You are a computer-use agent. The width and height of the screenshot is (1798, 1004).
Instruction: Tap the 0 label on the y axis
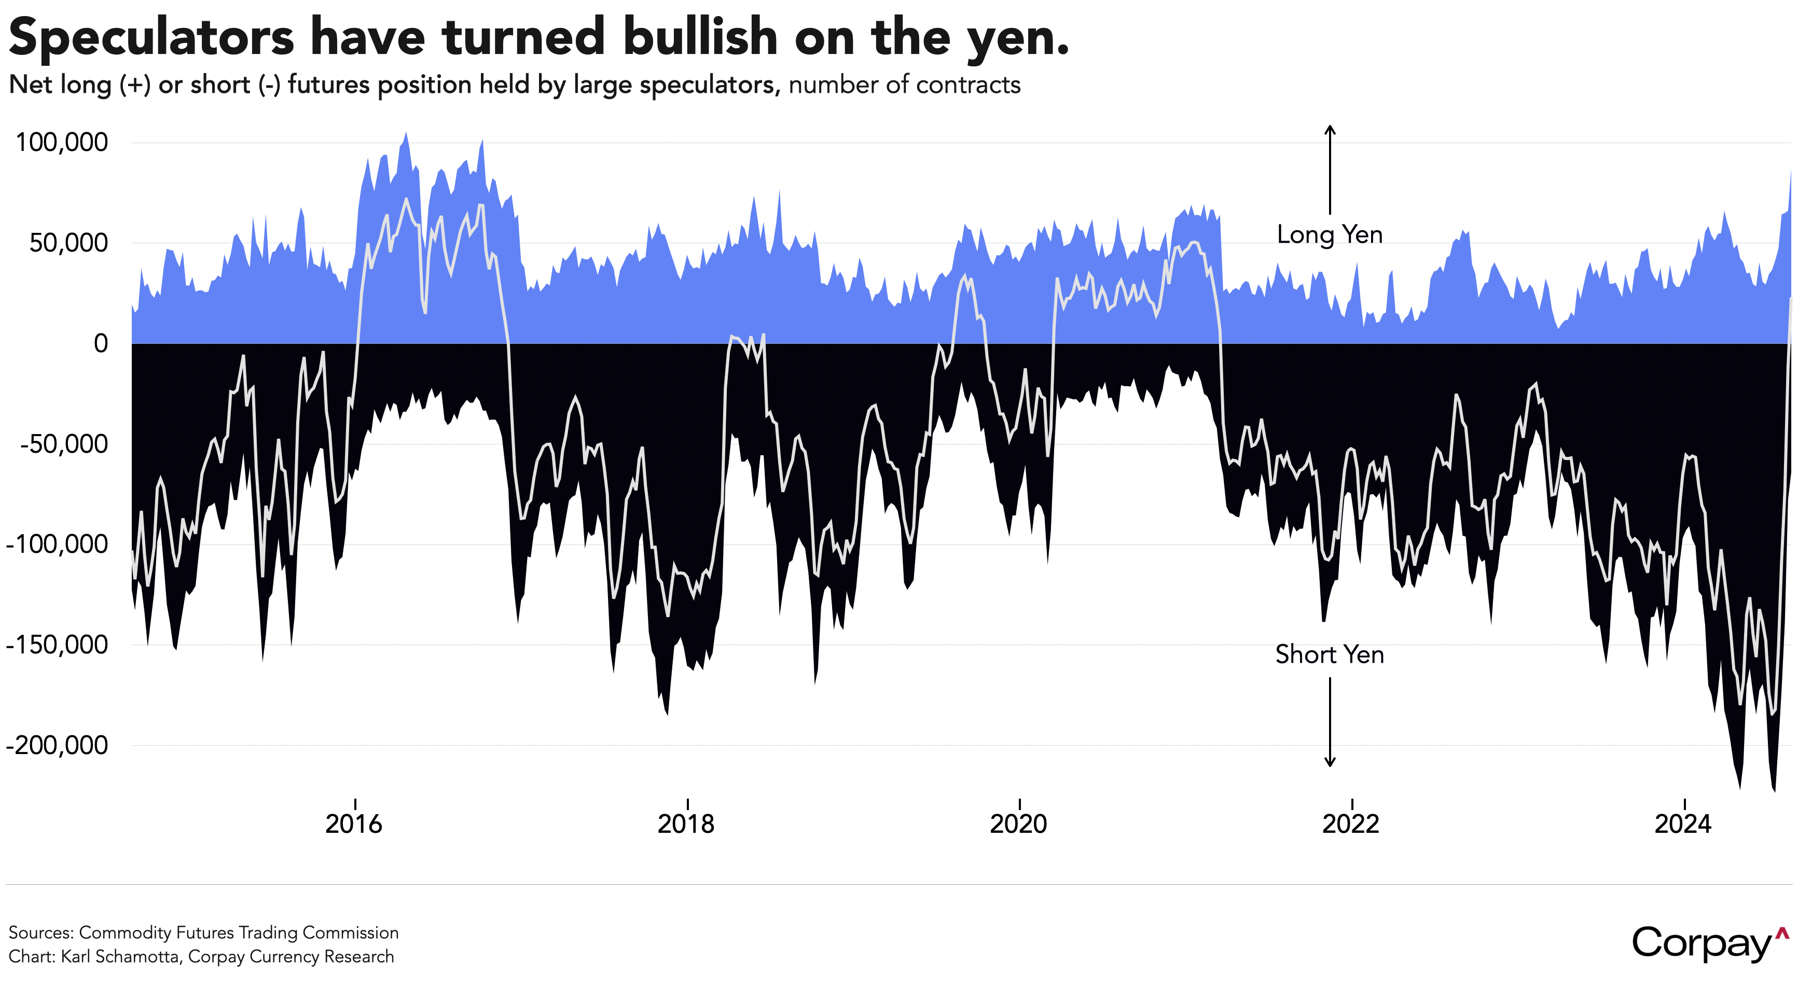coord(101,343)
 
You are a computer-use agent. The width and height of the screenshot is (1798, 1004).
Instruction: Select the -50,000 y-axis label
coord(64,444)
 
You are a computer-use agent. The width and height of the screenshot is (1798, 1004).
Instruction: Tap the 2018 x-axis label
coord(686,824)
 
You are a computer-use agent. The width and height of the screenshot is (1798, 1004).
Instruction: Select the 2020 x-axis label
coord(1018,824)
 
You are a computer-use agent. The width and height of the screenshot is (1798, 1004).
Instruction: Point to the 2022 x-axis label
coord(1351,824)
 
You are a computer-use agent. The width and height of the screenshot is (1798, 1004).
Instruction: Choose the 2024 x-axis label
coord(1683,824)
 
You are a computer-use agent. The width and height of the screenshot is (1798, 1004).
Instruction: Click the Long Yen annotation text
coord(1330,234)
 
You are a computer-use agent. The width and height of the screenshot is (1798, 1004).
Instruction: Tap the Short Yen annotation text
coord(1330,654)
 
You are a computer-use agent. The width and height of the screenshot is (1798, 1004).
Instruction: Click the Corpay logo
coord(1710,944)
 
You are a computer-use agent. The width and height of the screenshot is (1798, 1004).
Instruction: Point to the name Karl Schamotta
coord(119,957)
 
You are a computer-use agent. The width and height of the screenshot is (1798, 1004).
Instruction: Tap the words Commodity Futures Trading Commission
coord(239,933)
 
